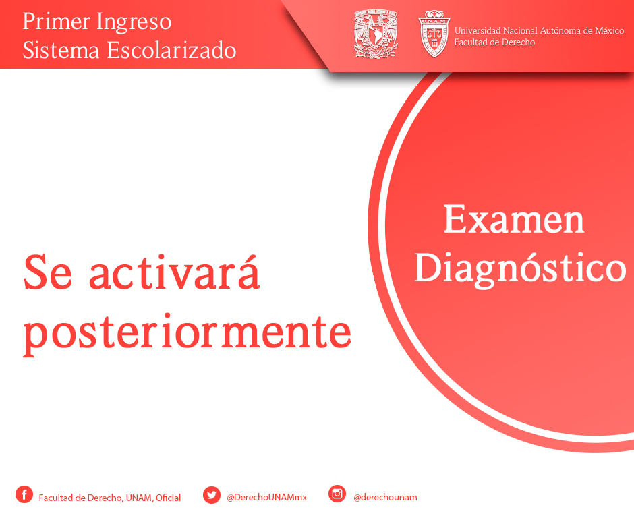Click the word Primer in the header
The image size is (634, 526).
[x=56, y=22]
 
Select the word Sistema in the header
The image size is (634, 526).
[x=61, y=50]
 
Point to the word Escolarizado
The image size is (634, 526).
[x=171, y=50]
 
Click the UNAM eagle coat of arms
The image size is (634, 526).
[x=376, y=34]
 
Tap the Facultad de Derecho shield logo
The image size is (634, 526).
[x=434, y=34]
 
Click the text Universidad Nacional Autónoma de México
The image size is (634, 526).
[x=539, y=31]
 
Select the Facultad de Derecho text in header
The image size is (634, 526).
[x=494, y=42]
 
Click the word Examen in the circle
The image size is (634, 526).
[x=514, y=219]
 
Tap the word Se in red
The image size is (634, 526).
[x=48, y=272]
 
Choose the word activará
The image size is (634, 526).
[x=174, y=271]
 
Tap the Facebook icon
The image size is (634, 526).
[x=24, y=494]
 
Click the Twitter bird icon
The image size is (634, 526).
[x=212, y=495]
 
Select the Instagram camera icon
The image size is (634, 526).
[x=337, y=494]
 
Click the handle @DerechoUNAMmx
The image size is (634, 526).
[x=267, y=497]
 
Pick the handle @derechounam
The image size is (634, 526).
[x=385, y=497]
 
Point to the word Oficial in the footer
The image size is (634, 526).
[x=168, y=498]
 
